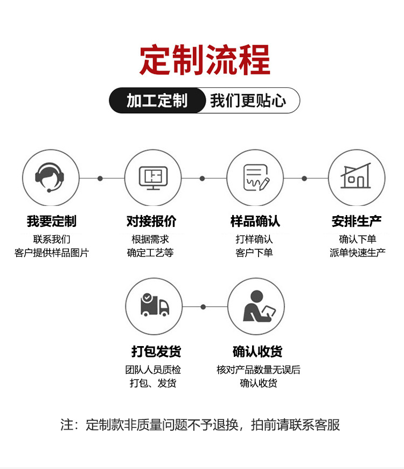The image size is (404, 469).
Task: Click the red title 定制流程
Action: point(205,60)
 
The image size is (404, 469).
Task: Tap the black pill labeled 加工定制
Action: point(157,101)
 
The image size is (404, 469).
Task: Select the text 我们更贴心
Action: point(248,101)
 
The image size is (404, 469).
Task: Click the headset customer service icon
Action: point(50,178)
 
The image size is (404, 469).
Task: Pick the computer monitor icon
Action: point(153,178)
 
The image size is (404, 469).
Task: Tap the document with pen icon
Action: point(255,178)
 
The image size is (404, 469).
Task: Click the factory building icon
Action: point(357,178)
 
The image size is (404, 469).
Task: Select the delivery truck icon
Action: point(154,306)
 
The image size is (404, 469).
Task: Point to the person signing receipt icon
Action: point(256,306)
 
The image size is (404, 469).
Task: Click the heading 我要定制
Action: point(52,221)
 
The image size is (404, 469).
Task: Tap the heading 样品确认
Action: point(255,221)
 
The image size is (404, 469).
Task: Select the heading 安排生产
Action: point(357,221)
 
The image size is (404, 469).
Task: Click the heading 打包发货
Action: point(156,352)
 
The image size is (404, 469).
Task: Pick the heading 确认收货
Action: point(257,352)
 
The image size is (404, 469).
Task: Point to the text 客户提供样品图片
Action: point(52,252)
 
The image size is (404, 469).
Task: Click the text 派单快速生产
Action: point(358,252)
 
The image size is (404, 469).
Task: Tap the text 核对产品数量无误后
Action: point(259,370)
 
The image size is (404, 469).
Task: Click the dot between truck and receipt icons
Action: point(203,307)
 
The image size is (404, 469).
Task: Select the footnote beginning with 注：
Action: point(200,425)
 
